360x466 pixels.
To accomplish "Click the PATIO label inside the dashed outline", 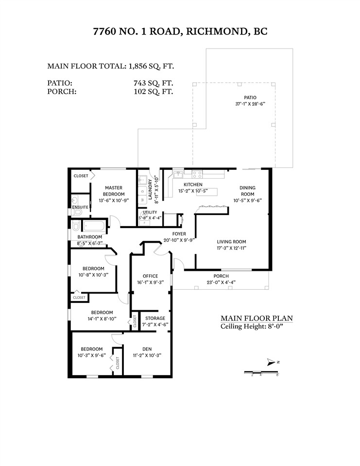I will (250, 97).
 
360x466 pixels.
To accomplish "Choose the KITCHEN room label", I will (193, 184).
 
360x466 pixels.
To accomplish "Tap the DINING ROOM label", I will (247, 191).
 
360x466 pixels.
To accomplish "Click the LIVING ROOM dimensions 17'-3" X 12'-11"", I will (231, 248).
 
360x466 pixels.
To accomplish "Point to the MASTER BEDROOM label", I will (113, 191).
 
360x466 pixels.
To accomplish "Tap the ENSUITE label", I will (80, 207).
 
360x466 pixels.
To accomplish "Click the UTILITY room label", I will (150, 213).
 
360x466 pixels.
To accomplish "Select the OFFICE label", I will (150, 276).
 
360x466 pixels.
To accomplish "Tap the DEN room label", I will (147, 349).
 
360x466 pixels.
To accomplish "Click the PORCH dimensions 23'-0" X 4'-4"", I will (221, 282).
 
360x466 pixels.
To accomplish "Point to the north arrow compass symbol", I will (272, 362).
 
